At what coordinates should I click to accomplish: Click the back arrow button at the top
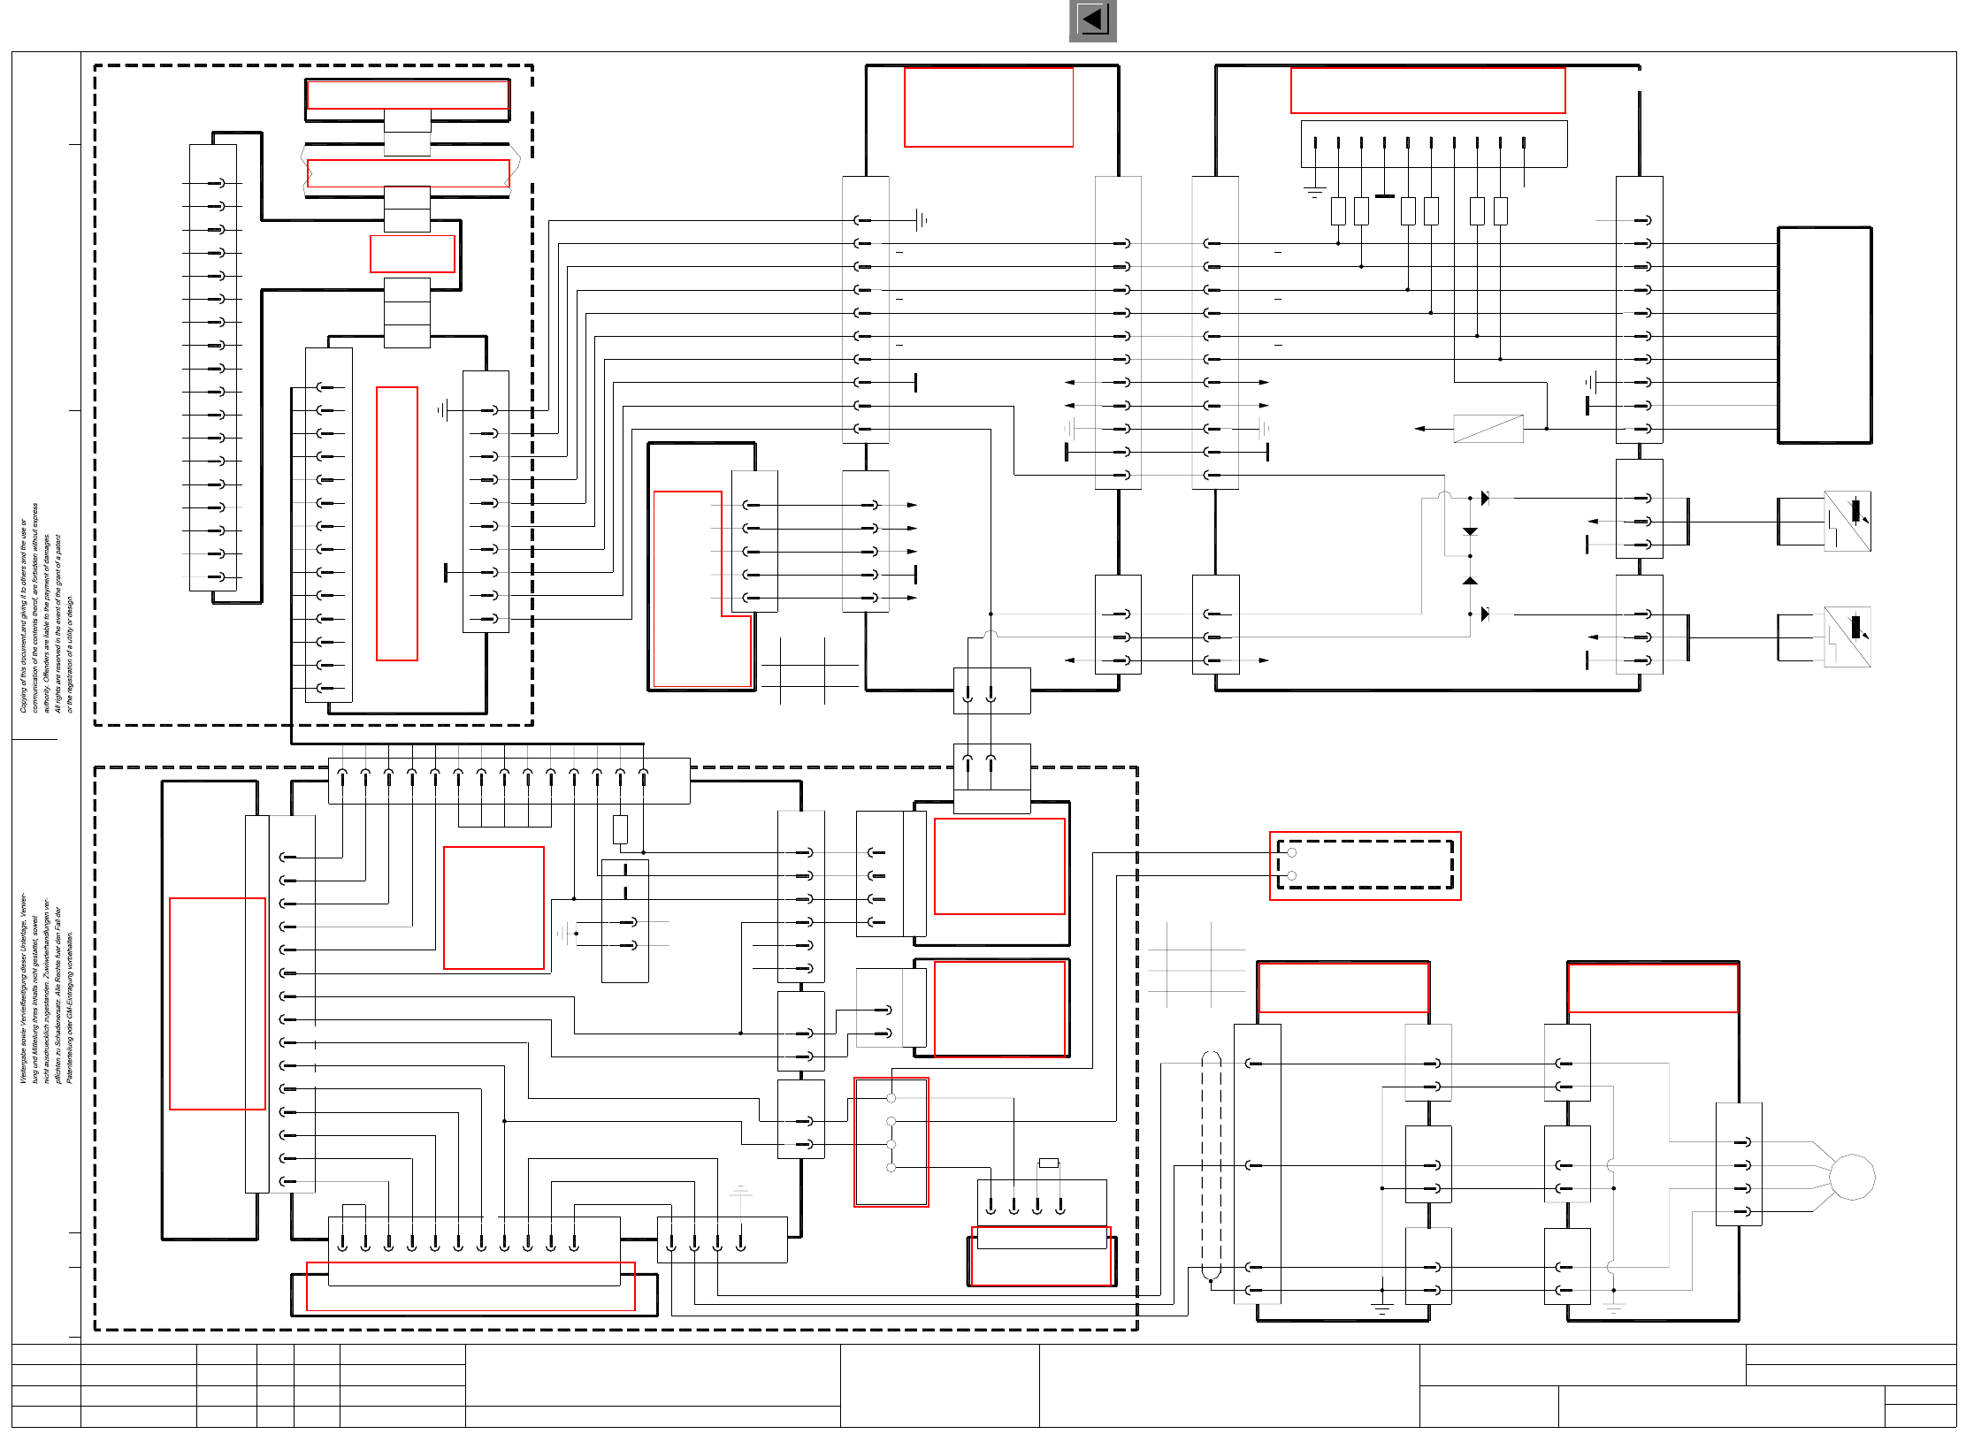click(x=1092, y=20)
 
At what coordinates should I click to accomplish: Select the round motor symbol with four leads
click(x=1851, y=1177)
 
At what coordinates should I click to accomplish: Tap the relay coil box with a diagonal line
click(x=1488, y=429)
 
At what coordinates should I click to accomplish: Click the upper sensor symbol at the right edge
click(x=1847, y=521)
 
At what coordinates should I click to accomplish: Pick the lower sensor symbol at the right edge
click(x=1847, y=637)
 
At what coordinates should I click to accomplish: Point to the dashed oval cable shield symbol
click(x=1211, y=1166)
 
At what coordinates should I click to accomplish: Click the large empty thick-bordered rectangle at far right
click(x=1824, y=335)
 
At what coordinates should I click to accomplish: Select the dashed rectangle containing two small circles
click(x=1365, y=865)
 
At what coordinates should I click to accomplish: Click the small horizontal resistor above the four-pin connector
click(x=1048, y=1163)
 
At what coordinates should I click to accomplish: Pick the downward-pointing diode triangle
click(x=1470, y=531)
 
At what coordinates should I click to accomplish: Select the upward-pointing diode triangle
click(x=1470, y=581)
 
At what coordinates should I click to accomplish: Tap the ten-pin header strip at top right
click(x=1433, y=144)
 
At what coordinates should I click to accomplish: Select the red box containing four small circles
click(x=891, y=1140)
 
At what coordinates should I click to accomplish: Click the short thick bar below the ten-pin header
click(x=1385, y=196)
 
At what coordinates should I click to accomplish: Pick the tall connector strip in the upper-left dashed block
click(x=213, y=367)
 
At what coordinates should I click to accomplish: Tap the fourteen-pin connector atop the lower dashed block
click(x=509, y=780)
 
